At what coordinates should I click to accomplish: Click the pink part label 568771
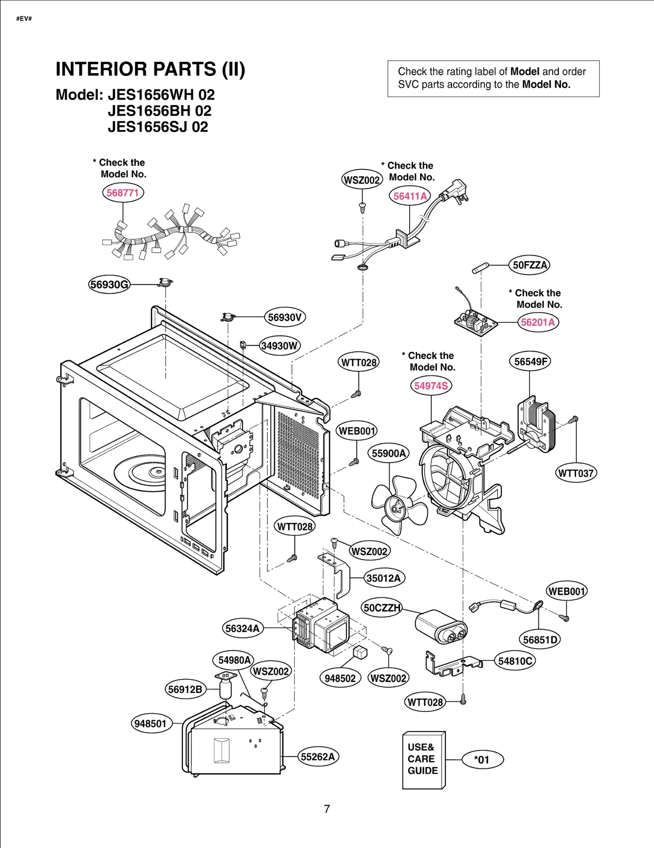point(123,193)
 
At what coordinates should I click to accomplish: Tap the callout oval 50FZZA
point(529,265)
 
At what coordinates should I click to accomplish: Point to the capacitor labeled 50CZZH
point(441,626)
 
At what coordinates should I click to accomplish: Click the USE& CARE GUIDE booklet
point(423,760)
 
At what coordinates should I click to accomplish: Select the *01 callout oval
point(482,760)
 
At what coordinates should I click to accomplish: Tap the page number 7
point(327,809)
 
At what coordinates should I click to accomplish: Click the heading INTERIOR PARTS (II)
point(150,69)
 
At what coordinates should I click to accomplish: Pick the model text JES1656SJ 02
point(158,127)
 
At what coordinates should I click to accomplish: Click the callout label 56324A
point(243,628)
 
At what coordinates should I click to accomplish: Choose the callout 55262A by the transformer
point(318,756)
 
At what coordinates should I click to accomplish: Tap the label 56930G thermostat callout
point(109,284)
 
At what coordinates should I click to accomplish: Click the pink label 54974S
point(431,386)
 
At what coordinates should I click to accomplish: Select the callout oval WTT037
point(576,473)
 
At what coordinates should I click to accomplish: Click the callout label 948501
point(151,723)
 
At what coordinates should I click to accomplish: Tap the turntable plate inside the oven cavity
point(141,472)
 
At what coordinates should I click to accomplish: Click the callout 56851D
point(540,640)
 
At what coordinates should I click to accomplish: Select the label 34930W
point(280,346)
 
